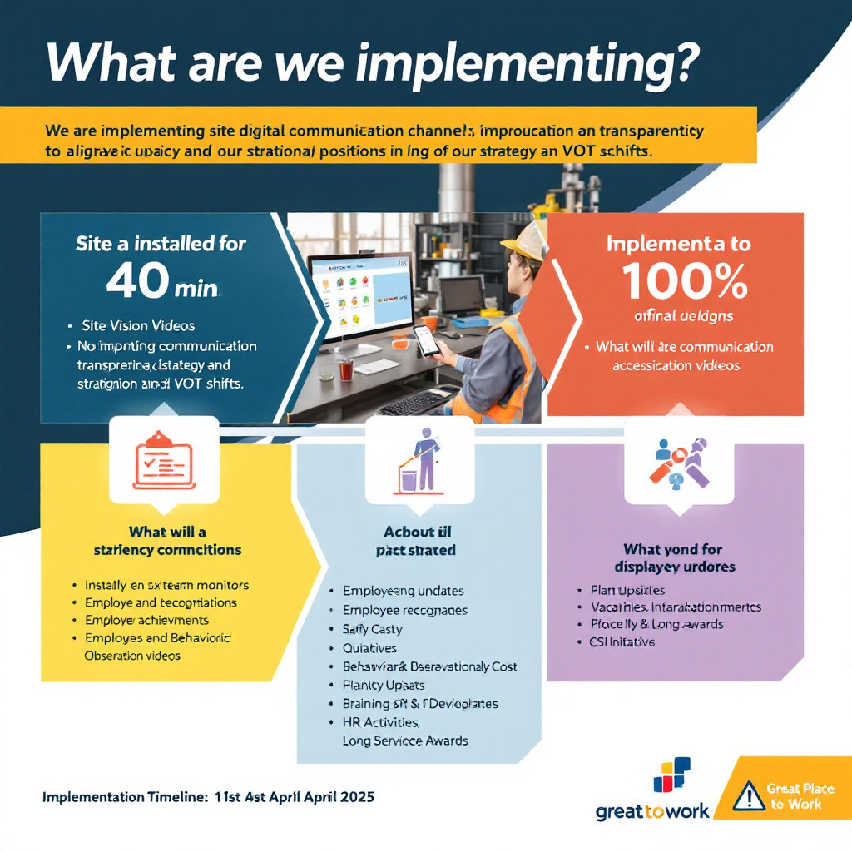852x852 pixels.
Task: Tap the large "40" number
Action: click(x=137, y=280)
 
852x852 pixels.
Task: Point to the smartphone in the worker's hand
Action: click(x=427, y=339)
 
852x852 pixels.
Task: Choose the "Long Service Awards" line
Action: click(x=405, y=741)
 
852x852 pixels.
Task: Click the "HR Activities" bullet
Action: click(x=381, y=722)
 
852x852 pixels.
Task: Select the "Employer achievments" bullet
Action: click(x=146, y=620)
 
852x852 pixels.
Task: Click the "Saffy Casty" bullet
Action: click(x=372, y=629)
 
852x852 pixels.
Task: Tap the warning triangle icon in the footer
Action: click(x=750, y=795)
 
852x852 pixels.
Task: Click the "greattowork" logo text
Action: click(x=652, y=811)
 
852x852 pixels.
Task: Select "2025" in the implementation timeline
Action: click(x=354, y=796)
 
